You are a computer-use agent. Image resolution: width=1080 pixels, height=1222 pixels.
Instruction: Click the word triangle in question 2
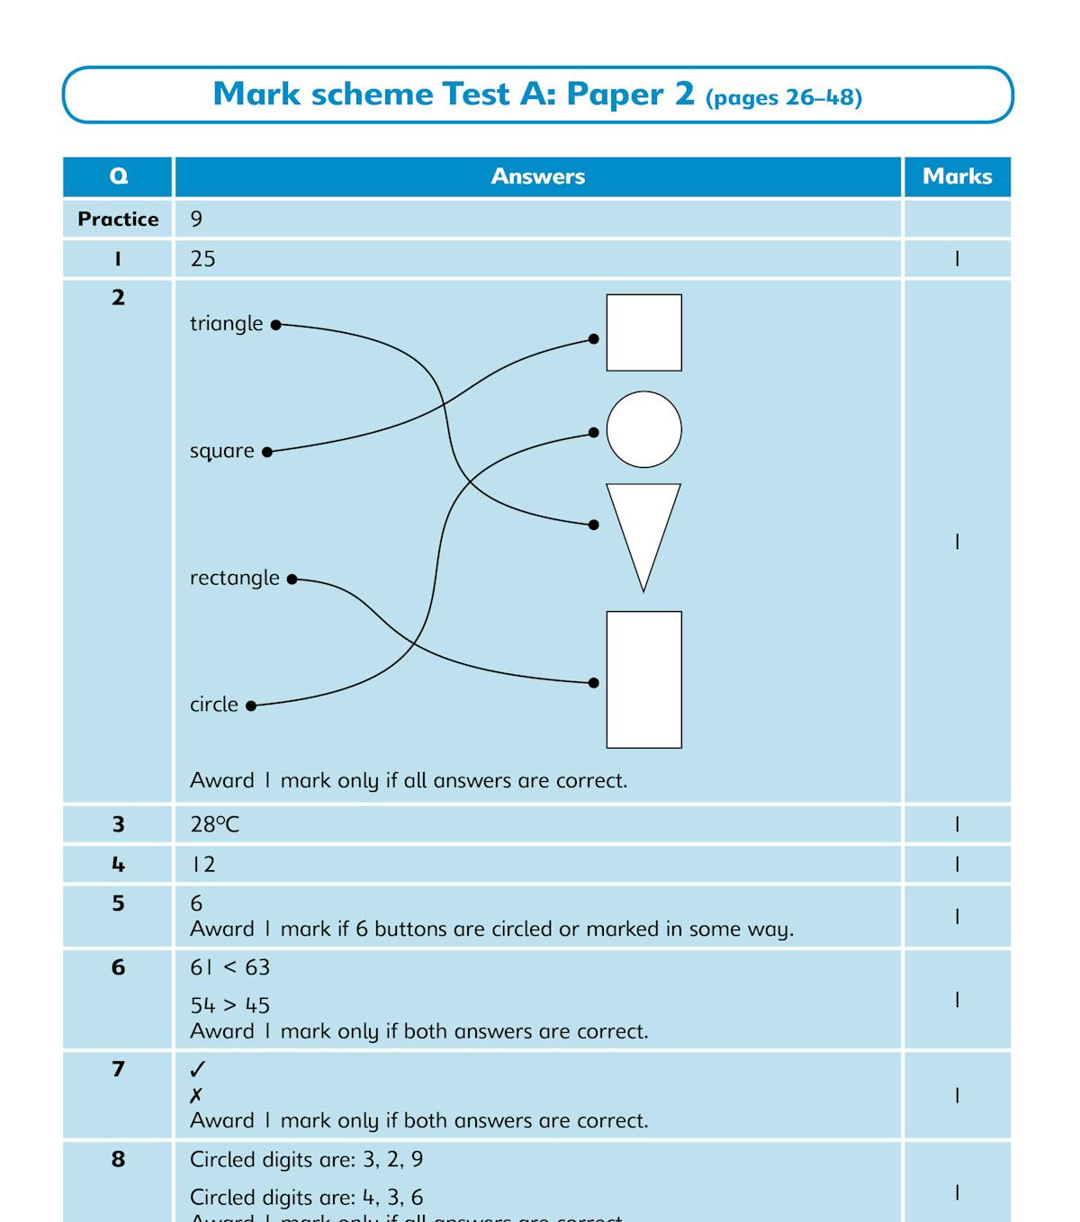(x=226, y=324)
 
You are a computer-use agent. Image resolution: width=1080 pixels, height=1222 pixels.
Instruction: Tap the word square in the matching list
(x=221, y=451)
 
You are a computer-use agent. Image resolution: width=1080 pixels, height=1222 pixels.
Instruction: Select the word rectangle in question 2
(x=234, y=578)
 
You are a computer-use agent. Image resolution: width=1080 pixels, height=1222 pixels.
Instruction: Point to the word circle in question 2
(x=214, y=705)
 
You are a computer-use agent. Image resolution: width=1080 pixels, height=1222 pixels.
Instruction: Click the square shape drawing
(x=643, y=333)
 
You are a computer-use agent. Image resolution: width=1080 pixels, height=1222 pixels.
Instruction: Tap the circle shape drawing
(x=643, y=429)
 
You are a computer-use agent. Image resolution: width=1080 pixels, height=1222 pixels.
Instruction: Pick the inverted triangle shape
(x=643, y=526)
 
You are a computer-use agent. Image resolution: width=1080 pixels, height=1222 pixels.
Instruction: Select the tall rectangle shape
(x=643, y=679)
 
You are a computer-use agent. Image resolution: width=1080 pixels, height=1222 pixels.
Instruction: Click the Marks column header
(x=957, y=176)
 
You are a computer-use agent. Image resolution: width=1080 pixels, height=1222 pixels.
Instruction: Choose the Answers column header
(x=537, y=176)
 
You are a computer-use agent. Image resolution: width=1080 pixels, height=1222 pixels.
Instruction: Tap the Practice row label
(x=118, y=219)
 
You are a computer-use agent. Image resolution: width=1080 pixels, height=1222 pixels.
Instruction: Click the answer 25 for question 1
(x=202, y=259)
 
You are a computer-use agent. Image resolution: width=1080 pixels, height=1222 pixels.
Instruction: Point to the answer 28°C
(x=214, y=824)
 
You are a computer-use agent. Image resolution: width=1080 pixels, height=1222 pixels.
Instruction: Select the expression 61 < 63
(x=229, y=967)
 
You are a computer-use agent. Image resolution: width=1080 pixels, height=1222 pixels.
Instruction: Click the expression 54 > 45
(x=229, y=1005)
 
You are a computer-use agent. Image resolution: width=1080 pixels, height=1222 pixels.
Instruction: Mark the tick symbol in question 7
(x=198, y=1069)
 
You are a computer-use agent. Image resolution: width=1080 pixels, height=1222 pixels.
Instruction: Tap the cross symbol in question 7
(x=196, y=1095)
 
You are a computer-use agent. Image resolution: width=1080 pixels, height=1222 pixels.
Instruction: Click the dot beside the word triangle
(x=276, y=325)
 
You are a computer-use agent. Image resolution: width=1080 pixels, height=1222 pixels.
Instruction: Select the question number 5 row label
(x=118, y=903)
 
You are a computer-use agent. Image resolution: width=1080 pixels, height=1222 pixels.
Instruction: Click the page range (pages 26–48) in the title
(x=784, y=97)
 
